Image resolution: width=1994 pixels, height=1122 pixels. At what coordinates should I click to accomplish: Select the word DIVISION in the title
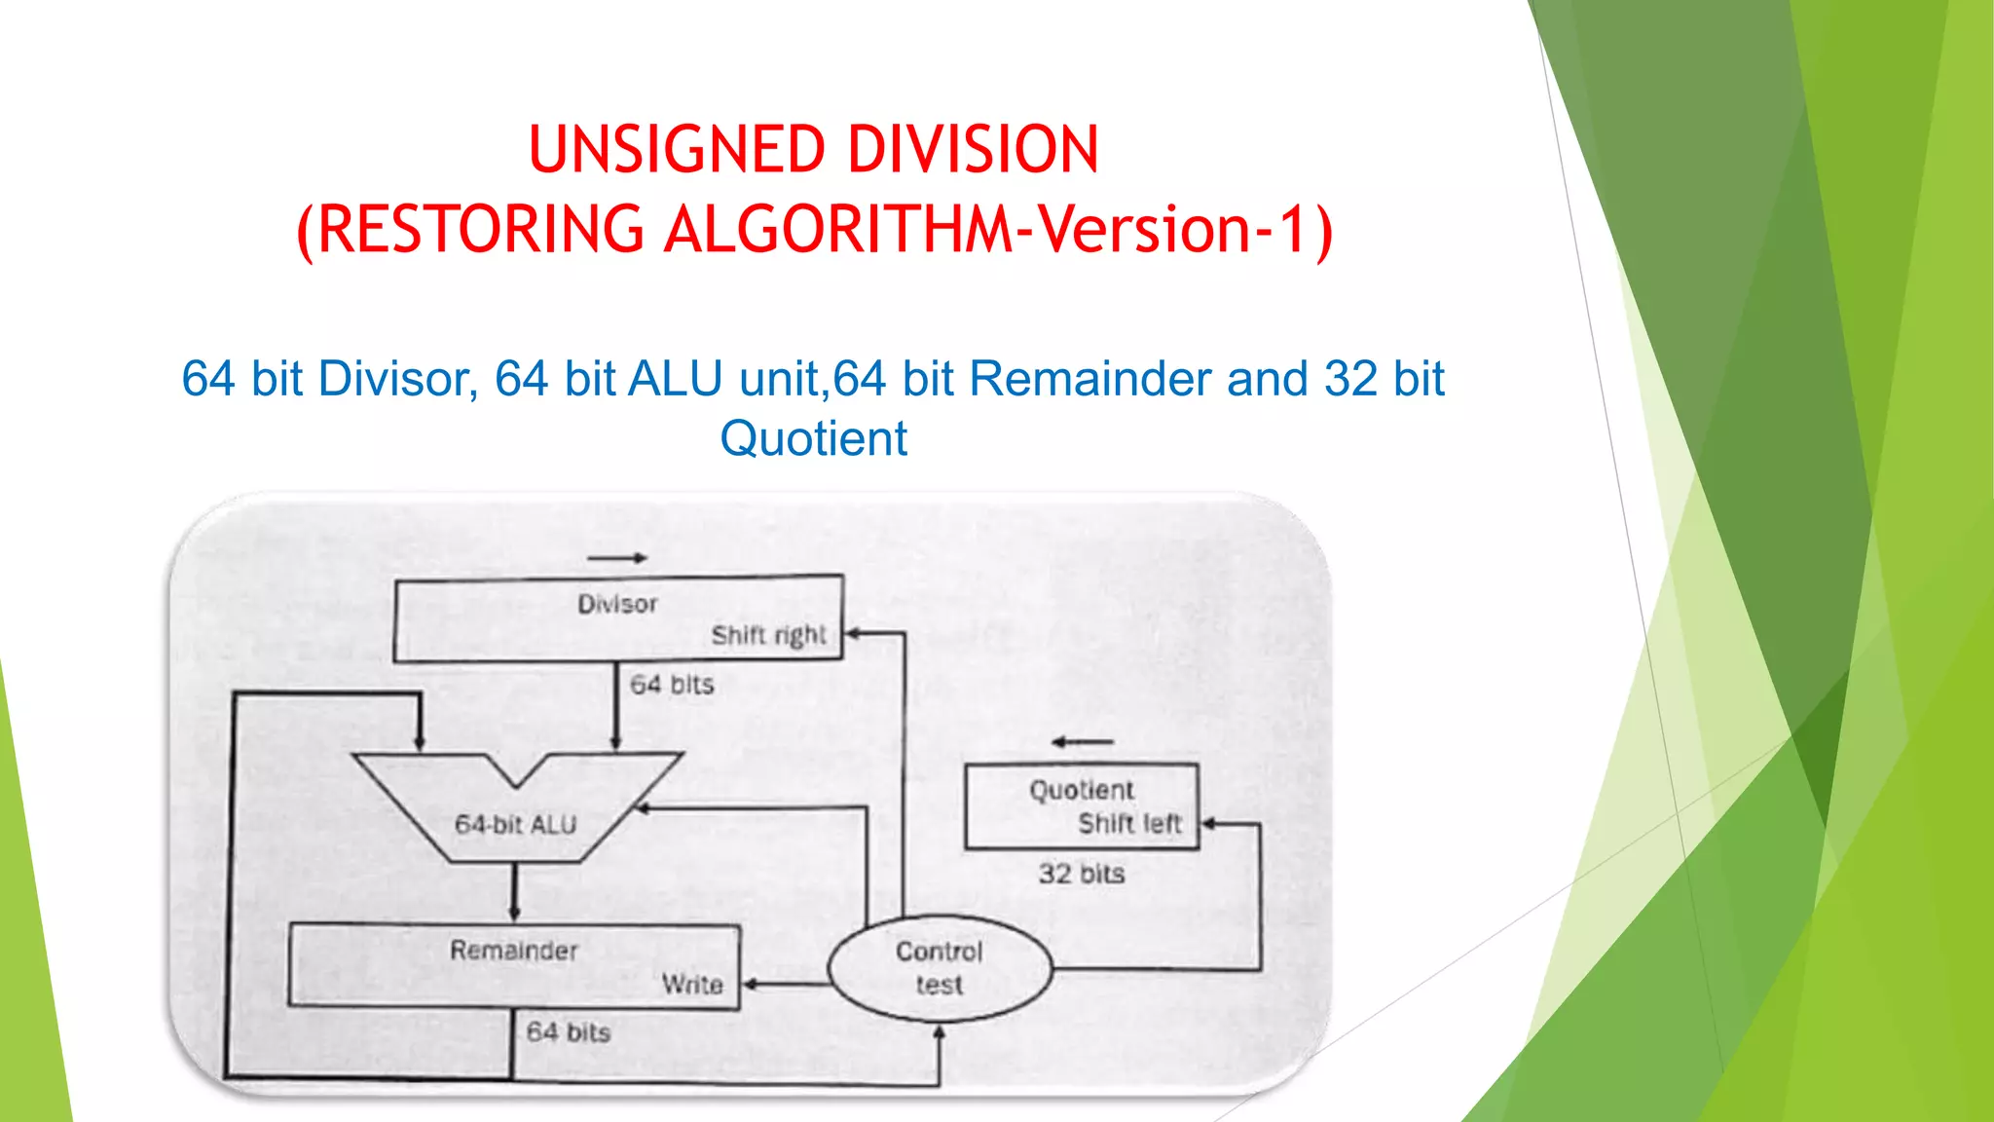click(973, 150)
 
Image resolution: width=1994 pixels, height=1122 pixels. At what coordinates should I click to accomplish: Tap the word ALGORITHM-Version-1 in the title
click(998, 230)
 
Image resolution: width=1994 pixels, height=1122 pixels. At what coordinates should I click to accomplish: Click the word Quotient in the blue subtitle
click(813, 438)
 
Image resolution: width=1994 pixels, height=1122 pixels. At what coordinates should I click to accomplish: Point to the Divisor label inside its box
click(617, 604)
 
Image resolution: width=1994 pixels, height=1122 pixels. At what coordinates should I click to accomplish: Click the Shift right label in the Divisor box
click(768, 635)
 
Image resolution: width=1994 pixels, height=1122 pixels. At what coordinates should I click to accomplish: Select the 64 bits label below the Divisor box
click(672, 685)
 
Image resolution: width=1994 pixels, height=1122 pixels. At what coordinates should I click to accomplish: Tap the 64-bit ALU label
click(515, 825)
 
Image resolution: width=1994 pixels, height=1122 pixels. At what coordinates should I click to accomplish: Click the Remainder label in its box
click(513, 951)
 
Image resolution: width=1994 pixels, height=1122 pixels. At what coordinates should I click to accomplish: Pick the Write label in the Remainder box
click(692, 985)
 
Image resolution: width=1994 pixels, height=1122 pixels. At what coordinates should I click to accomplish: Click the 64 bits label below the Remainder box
click(568, 1032)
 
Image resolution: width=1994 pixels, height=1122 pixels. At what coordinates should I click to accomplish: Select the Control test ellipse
click(940, 968)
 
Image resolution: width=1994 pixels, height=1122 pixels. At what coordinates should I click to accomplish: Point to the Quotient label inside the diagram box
click(1082, 790)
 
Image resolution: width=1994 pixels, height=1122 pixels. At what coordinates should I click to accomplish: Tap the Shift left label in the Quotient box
click(1129, 824)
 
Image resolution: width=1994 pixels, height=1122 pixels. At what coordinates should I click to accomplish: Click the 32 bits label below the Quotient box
click(1081, 874)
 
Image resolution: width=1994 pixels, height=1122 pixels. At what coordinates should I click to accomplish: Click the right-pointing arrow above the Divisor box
click(617, 558)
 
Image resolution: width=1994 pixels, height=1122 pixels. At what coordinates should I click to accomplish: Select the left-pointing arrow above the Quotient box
click(1082, 742)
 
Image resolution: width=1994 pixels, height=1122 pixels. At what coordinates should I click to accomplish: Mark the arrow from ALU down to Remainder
click(514, 892)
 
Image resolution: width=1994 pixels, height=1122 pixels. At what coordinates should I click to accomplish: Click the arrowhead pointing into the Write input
click(750, 985)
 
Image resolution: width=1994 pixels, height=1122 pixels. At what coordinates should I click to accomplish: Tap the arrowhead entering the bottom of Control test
click(940, 1032)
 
